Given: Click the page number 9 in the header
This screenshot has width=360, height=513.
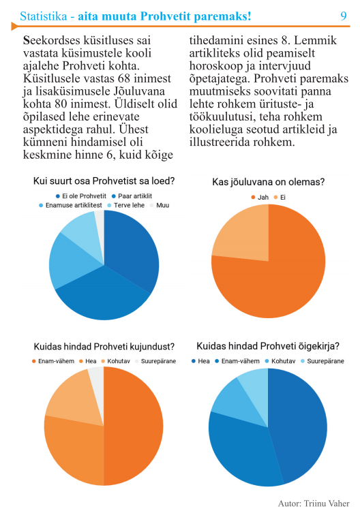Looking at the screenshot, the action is click(x=343, y=16).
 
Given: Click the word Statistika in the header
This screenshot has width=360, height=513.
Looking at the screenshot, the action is click(x=43, y=16).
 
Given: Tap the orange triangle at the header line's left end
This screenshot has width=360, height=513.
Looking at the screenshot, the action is click(x=14, y=26).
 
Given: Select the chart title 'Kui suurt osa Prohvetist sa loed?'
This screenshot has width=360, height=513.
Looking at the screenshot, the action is click(x=104, y=181).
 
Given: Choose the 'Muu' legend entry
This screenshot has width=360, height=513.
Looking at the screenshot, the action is click(x=159, y=205).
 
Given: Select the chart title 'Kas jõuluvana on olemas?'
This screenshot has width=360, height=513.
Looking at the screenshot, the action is click(x=268, y=182).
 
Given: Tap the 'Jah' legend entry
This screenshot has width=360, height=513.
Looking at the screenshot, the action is click(x=260, y=198).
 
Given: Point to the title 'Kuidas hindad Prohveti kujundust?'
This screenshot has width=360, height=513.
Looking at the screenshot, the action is click(x=104, y=347).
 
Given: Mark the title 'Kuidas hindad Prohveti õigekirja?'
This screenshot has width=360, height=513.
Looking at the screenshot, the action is click(x=268, y=346).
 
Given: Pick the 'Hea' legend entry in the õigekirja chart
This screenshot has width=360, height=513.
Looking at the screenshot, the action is click(x=200, y=361).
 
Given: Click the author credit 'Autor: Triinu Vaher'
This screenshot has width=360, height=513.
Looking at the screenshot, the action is click(x=314, y=503).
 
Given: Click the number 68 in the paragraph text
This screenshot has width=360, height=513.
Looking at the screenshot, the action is click(x=125, y=78).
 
